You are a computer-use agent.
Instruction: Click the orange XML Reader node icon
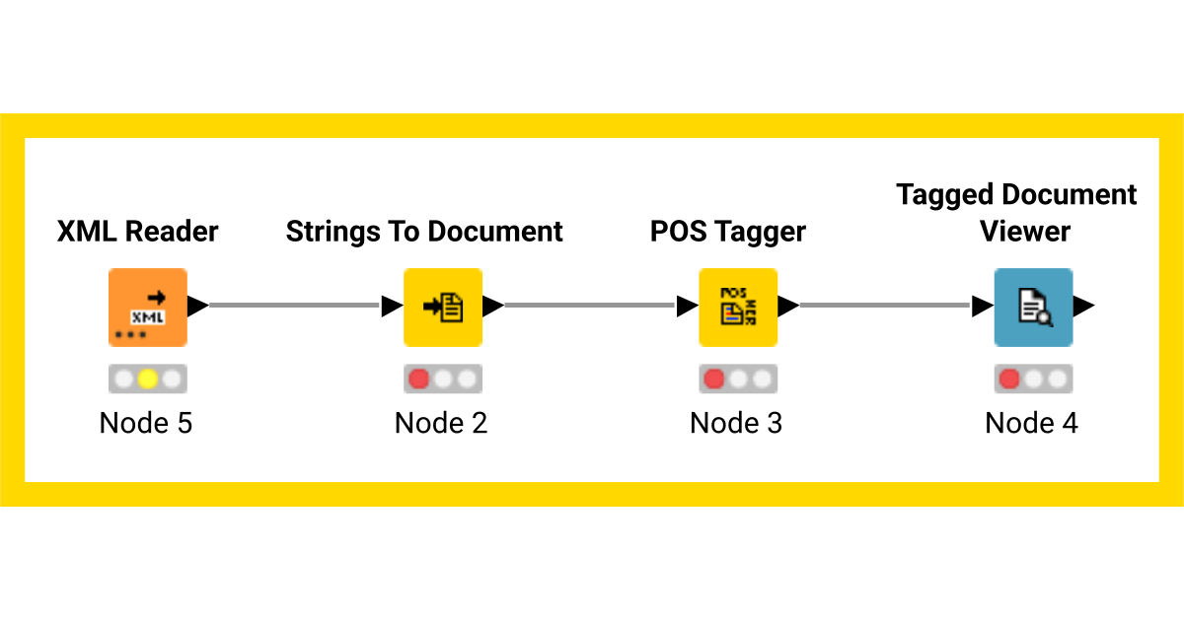pos(147,307)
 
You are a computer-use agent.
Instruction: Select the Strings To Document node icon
pos(442,307)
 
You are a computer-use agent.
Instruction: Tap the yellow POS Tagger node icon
pos(737,307)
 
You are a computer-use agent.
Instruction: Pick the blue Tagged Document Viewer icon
pos(1032,307)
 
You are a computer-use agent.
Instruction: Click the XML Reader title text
pos(137,232)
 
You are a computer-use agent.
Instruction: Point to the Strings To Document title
pos(424,232)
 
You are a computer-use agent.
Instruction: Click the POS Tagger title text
pos(727,232)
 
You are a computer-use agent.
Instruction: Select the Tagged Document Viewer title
pos(1016,212)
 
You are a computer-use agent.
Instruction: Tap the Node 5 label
pos(146,423)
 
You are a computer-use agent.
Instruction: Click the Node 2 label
pos(441,423)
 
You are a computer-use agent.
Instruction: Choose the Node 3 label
pos(736,423)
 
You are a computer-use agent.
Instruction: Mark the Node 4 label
pos(1031,423)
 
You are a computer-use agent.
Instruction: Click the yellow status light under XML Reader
pos(147,379)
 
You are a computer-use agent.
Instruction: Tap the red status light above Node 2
pos(418,379)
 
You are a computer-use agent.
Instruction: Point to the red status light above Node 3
pos(713,379)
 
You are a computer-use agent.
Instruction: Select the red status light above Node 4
pos(1008,379)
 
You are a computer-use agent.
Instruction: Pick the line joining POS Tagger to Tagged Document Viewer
pos(885,306)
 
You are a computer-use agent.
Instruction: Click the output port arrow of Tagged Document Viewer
pos(1083,307)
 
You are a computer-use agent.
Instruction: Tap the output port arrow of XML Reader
pos(197,307)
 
